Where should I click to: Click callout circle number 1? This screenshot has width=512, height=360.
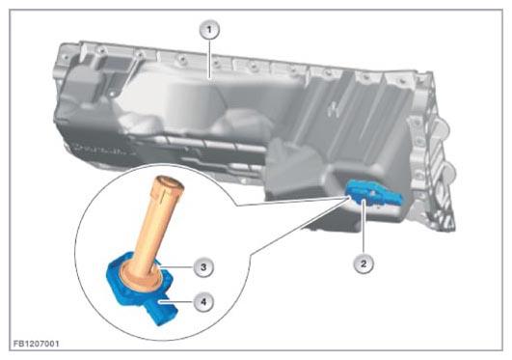point(209,30)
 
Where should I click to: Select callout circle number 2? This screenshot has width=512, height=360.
point(364,263)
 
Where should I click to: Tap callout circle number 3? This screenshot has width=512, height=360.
point(203,267)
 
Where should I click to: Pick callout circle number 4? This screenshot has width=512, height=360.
point(203,301)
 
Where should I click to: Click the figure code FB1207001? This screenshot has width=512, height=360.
point(37,344)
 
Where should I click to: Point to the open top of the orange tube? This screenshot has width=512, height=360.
point(170,183)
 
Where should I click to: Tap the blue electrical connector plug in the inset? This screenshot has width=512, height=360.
point(162,310)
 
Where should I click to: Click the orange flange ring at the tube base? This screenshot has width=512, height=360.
point(141,277)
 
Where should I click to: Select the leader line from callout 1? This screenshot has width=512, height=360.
point(209,59)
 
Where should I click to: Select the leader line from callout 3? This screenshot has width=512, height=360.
point(176,267)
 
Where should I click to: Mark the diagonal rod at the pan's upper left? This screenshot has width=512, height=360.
point(132,72)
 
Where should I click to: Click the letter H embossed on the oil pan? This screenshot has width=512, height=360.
point(333,108)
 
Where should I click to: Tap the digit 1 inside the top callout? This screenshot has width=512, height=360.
point(209,30)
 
